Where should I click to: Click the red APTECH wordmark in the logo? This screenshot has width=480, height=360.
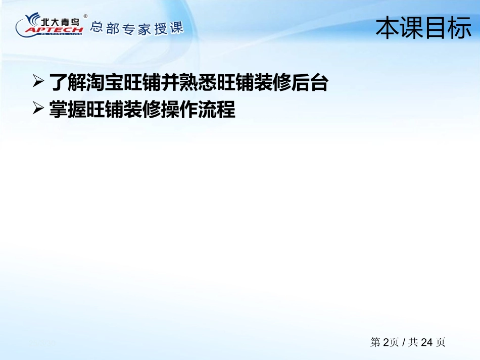pyautogui.click(x=54, y=30)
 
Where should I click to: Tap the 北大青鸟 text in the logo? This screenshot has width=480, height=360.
pyautogui.click(x=60, y=21)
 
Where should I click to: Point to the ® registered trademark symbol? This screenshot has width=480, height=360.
pyautogui.click(x=85, y=16)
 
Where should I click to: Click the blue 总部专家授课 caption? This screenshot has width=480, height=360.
pyautogui.click(x=137, y=28)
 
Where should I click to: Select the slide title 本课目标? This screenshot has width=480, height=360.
pyautogui.click(x=423, y=28)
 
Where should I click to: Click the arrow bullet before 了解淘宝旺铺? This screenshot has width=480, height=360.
pyautogui.click(x=38, y=81)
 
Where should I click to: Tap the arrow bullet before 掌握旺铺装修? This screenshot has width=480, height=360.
pyautogui.click(x=38, y=108)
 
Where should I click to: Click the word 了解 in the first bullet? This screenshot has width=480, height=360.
pyautogui.click(x=67, y=82)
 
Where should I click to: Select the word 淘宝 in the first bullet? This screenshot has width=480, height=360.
pyautogui.click(x=105, y=82)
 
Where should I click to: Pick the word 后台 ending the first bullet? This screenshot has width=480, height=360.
pyautogui.click(x=310, y=82)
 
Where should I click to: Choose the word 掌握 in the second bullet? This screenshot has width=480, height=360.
pyautogui.click(x=67, y=109)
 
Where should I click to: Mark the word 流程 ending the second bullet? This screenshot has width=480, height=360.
pyautogui.click(x=217, y=109)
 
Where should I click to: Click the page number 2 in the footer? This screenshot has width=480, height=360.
pyautogui.click(x=386, y=342)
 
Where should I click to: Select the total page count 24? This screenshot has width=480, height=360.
pyautogui.click(x=427, y=342)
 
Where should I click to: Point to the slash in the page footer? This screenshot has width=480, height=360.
pyautogui.click(x=404, y=342)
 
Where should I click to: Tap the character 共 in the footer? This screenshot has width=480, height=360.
pyautogui.click(x=413, y=342)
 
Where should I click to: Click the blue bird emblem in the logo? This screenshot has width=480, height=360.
pyautogui.click(x=33, y=19)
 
